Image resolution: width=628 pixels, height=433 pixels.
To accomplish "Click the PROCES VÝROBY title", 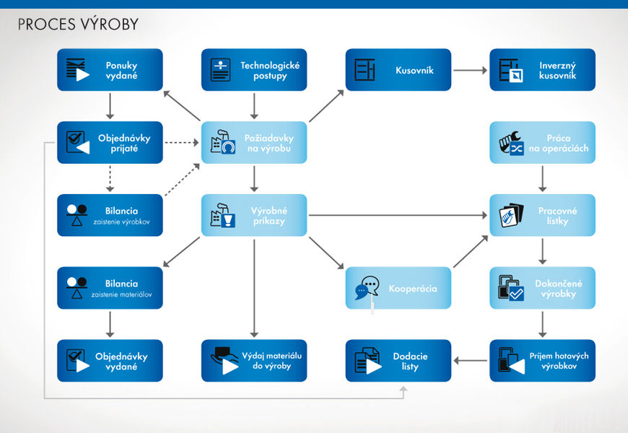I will click(x=78, y=25).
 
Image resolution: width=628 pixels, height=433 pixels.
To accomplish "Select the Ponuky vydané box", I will click(x=110, y=70).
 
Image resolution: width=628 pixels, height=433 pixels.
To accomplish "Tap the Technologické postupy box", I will click(x=254, y=70).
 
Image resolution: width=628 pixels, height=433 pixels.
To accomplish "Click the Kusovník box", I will click(x=398, y=70).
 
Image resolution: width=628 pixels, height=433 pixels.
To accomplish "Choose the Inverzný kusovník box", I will click(x=543, y=70).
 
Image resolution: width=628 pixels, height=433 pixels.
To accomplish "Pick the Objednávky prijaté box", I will click(x=110, y=142).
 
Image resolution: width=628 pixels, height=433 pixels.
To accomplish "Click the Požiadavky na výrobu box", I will click(x=254, y=143).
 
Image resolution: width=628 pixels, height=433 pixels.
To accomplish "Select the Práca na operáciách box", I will click(x=543, y=143).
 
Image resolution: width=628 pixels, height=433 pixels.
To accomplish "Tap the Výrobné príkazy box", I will click(x=254, y=215).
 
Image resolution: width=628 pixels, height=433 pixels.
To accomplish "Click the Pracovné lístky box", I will click(x=543, y=215).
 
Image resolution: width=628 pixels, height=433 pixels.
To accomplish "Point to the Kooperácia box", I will click(x=398, y=288).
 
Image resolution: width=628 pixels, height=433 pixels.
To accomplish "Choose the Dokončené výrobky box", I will click(x=543, y=288).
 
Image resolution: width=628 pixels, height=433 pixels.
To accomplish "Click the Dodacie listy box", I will click(x=398, y=361).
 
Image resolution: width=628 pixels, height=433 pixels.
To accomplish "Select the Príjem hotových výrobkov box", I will click(x=543, y=361).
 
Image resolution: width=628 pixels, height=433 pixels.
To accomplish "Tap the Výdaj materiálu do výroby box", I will click(x=254, y=361).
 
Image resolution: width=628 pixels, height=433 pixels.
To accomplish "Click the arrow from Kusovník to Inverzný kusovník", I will click(x=470, y=70).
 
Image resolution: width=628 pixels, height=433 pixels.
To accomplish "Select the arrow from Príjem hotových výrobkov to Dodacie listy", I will click(x=470, y=361).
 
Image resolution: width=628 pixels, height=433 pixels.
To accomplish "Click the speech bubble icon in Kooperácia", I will click(x=367, y=287).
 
